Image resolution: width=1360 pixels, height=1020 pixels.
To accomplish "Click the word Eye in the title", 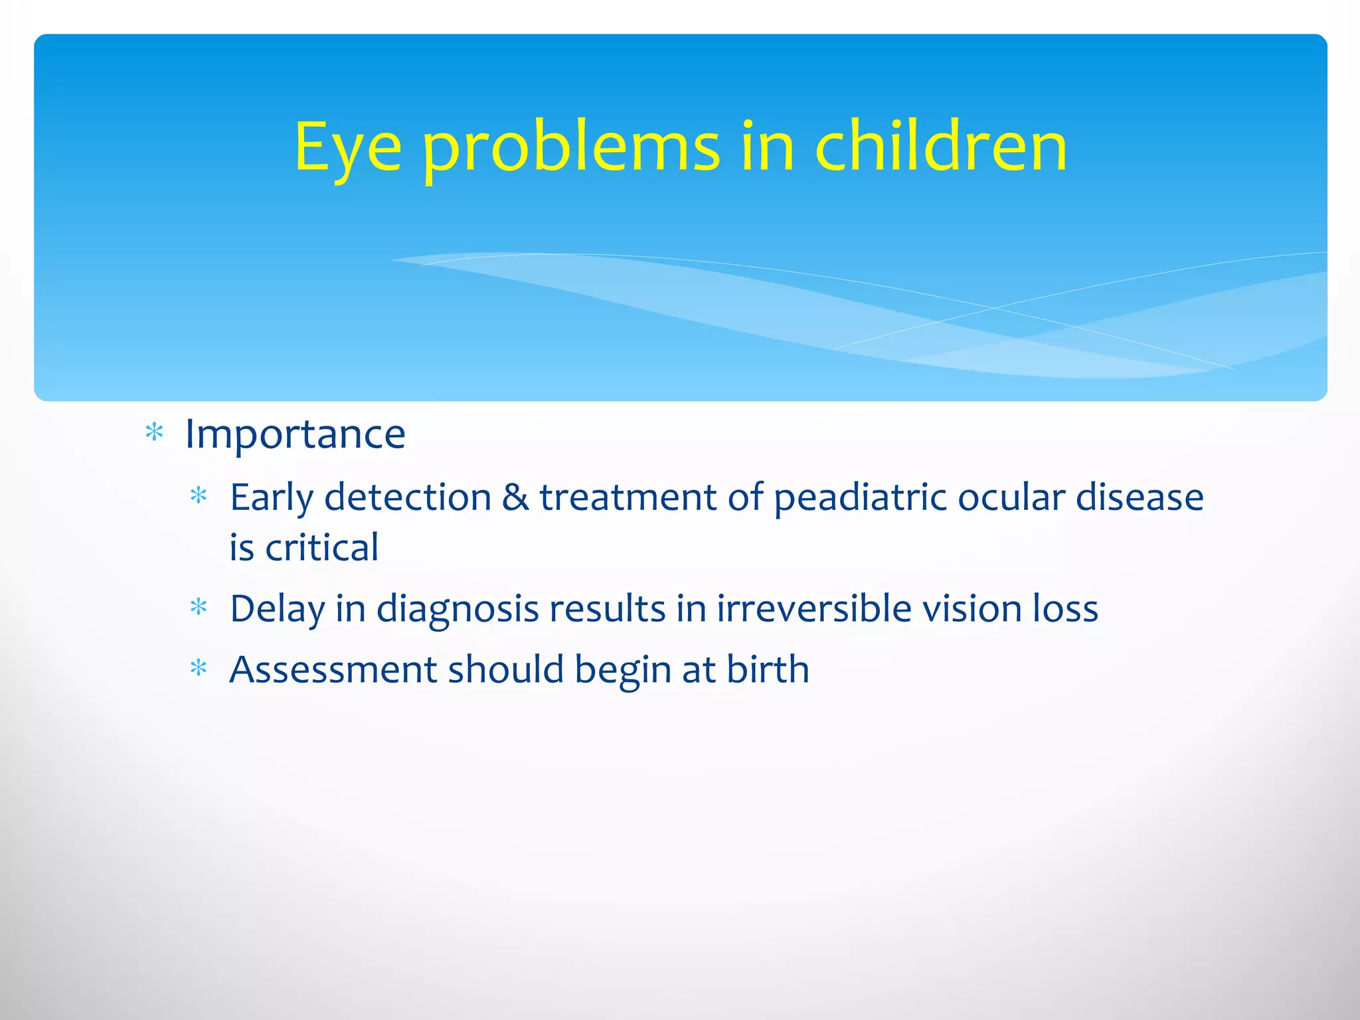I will point(347,147).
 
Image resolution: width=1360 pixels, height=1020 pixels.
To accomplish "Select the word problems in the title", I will point(571,147).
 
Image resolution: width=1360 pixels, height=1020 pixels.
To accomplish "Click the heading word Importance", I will point(295,434).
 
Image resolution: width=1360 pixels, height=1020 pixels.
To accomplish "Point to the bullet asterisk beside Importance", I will point(154,434).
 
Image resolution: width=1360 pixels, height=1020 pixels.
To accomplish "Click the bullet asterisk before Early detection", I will point(199,497).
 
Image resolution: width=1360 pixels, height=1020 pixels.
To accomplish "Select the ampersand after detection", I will point(515,497).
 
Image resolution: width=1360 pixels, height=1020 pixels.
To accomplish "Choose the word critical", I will point(321,548).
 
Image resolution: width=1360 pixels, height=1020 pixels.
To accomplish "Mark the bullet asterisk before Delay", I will point(199,608).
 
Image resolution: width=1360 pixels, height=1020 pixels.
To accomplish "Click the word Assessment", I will point(333,669).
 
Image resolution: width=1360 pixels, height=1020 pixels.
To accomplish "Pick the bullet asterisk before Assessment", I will point(199,669).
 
